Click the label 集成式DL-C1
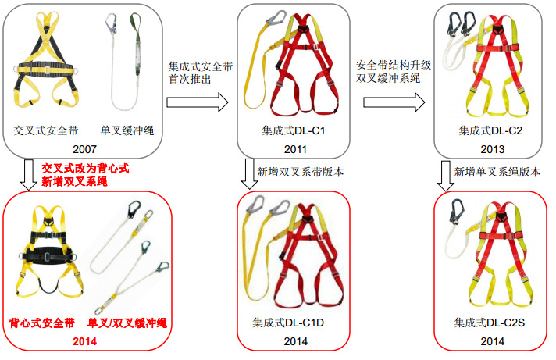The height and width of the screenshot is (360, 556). [294, 130]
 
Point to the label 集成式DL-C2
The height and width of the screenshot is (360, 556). [491, 130]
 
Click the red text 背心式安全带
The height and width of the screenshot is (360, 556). [42, 322]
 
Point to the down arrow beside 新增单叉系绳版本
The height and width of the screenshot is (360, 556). [444, 175]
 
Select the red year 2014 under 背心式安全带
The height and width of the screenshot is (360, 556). [85, 341]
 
